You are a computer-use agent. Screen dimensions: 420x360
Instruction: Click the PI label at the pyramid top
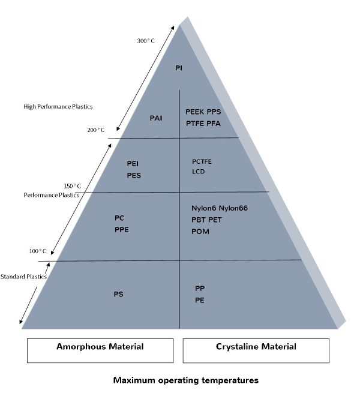(179, 68)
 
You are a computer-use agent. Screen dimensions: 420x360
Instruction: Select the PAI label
(156, 118)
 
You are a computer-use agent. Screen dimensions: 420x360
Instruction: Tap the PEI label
(133, 163)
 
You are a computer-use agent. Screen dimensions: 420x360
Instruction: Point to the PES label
(134, 176)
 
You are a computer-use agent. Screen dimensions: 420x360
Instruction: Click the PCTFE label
(202, 161)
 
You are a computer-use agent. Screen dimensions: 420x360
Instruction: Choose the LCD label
(198, 172)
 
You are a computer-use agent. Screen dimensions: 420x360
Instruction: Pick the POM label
(200, 231)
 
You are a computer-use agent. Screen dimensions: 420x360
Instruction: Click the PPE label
(122, 229)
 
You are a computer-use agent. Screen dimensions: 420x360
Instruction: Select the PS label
(118, 294)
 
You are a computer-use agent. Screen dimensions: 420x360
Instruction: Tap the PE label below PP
(200, 300)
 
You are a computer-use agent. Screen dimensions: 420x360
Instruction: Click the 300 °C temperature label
(146, 41)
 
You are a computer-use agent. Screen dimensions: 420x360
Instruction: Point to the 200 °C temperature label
(95, 130)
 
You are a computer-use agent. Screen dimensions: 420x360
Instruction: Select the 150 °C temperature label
(72, 185)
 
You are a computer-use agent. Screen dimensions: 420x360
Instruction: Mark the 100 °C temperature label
(38, 251)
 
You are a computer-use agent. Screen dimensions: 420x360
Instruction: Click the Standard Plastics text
(23, 277)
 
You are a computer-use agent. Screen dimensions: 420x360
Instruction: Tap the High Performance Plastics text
(58, 107)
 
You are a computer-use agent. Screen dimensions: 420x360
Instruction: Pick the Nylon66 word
(233, 208)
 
